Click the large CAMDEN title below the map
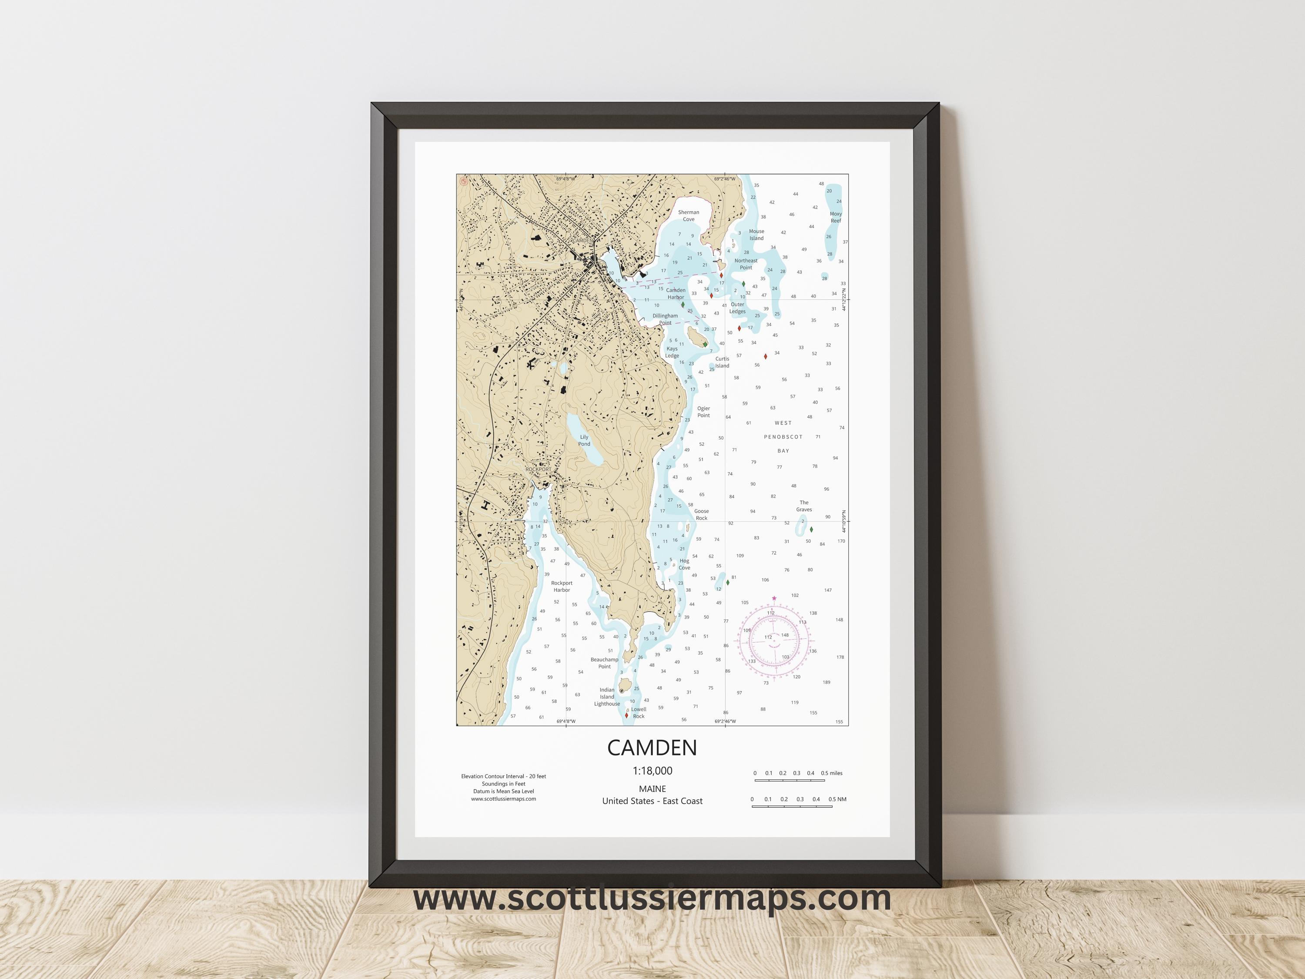point(652,748)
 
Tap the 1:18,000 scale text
point(652,771)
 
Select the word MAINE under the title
point(652,788)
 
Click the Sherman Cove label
point(689,215)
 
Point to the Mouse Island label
point(756,235)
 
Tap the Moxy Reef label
point(835,217)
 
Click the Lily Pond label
point(584,440)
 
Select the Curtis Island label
point(722,362)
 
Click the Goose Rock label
point(702,515)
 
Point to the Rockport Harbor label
point(562,586)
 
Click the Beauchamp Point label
point(604,663)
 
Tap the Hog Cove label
point(684,564)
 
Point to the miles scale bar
point(790,780)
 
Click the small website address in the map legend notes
point(503,799)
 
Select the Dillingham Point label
point(665,319)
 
